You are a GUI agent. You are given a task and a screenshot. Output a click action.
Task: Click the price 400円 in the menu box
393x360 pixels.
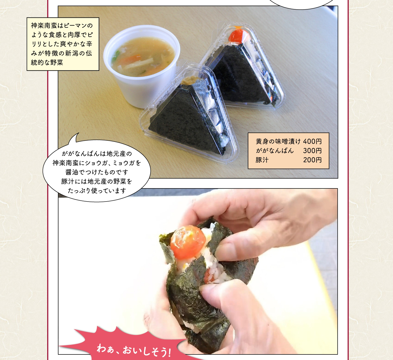(x=312, y=141)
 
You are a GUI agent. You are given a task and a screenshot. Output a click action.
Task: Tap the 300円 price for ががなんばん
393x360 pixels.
(x=312, y=151)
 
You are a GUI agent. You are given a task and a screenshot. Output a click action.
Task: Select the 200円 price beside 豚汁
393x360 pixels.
(x=312, y=160)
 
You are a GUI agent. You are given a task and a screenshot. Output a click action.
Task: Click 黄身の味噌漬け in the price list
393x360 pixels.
(x=278, y=141)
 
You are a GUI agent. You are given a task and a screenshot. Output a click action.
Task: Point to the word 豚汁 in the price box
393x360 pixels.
(x=262, y=160)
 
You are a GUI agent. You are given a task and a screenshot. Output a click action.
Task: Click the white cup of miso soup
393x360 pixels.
(x=141, y=66)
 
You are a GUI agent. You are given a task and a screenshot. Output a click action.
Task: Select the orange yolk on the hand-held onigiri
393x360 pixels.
(x=188, y=242)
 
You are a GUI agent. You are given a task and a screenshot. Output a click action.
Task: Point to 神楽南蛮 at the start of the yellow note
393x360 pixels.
(x=44, y=26)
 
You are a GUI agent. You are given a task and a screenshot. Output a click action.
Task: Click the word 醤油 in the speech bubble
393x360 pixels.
(x=72, y=172)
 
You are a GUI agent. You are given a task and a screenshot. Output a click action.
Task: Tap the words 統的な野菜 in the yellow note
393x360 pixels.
(x=47, y=63)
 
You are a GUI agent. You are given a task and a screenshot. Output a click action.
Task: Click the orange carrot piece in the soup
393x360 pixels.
(x=130, y=58)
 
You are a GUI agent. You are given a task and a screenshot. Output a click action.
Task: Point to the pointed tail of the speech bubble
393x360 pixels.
(x=79, y=133)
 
